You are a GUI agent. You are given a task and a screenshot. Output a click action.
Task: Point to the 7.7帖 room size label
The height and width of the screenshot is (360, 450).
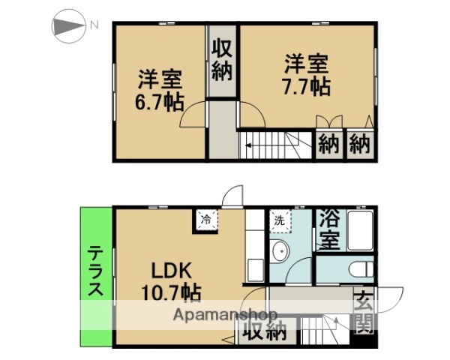306,85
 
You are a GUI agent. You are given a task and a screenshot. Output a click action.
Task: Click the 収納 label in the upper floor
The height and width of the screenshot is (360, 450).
221,61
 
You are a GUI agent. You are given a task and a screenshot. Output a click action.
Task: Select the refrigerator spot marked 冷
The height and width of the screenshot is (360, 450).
205,220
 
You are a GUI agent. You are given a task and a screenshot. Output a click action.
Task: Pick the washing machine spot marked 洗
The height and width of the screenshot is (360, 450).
279,221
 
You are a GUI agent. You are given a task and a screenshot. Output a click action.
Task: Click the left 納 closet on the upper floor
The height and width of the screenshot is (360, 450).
327,142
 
